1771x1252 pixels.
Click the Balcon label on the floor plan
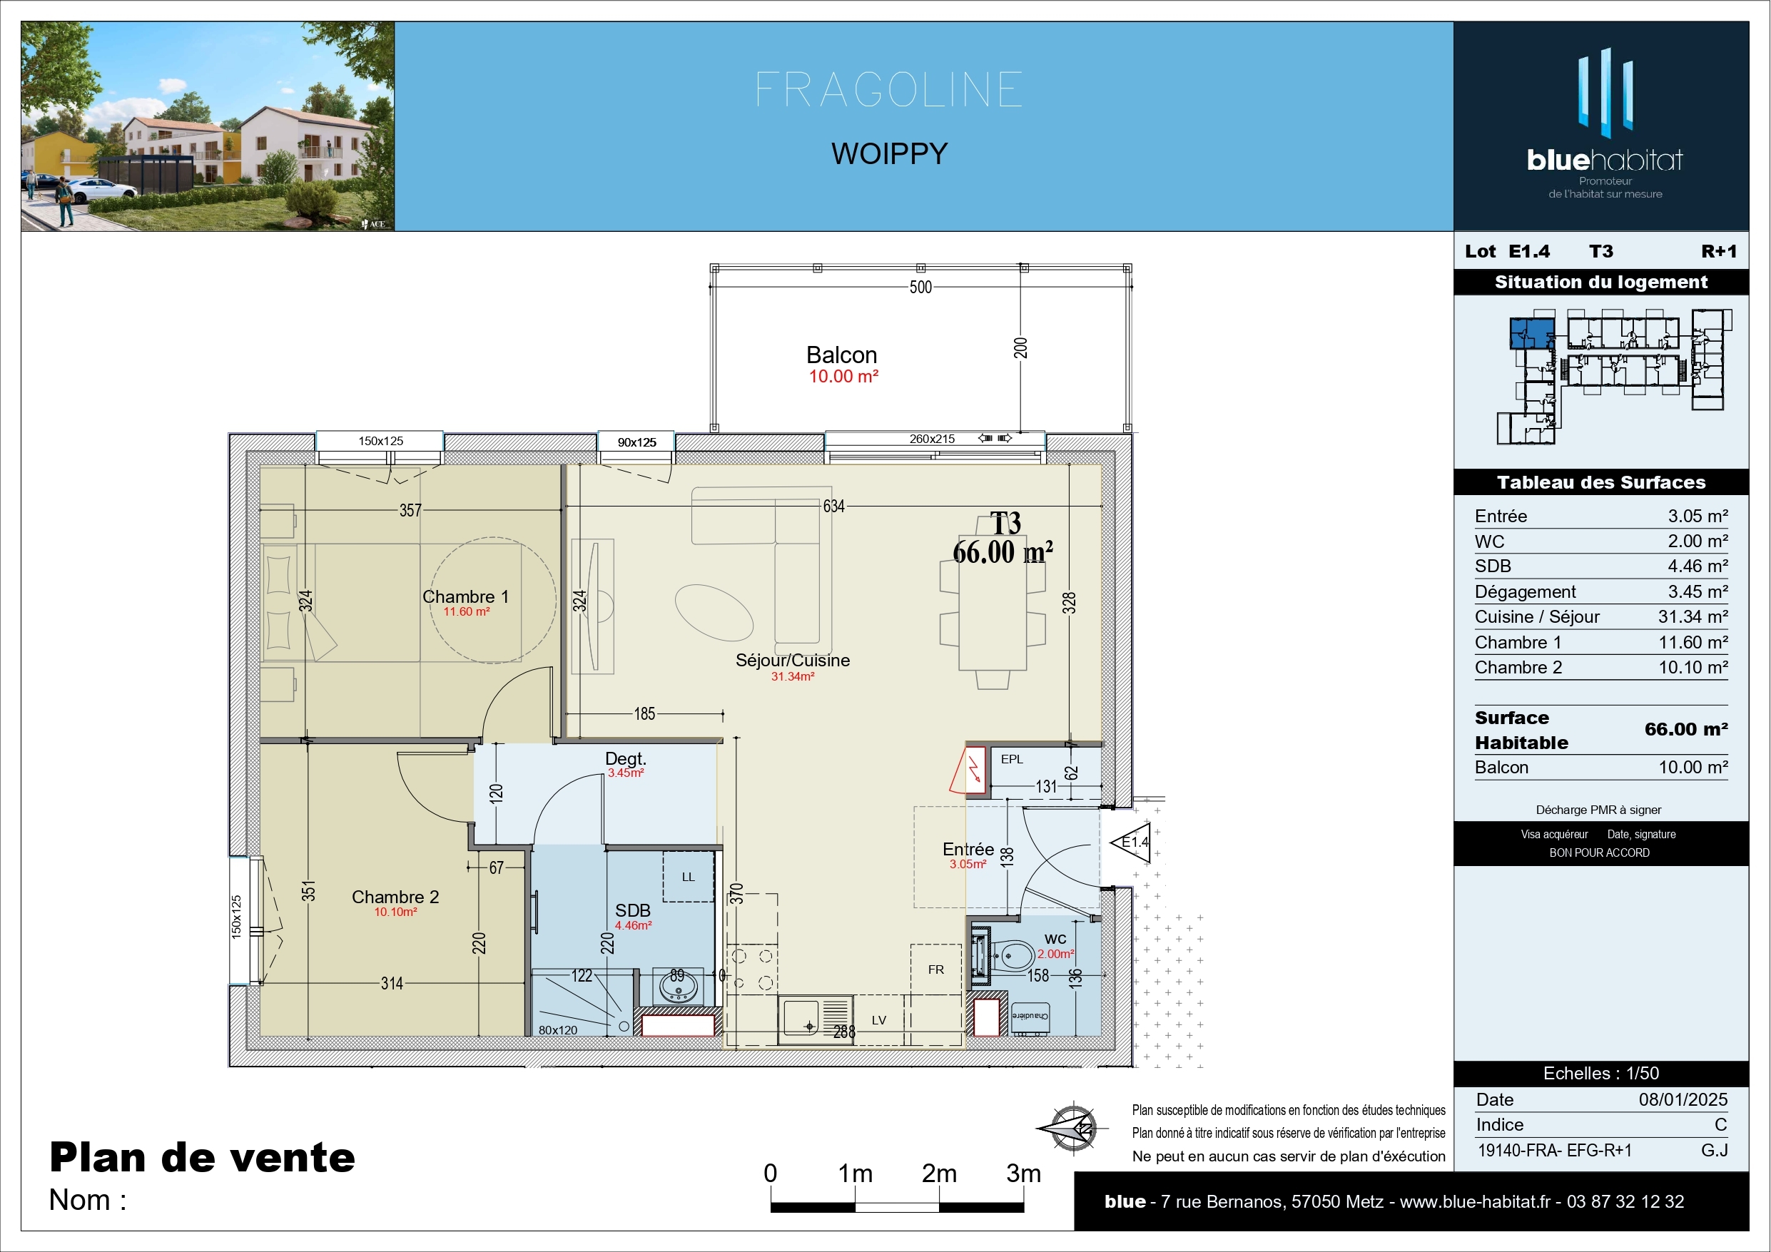pyautogui.click(x=841, y=355)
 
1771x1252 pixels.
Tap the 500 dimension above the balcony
pyautogui.click(x=920, y=287)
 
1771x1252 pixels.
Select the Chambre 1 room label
pyautogui.click(x=465, y=596)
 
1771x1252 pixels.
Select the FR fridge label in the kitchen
pyautogui.click(x=935, y=969)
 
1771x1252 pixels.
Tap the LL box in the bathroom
pyautogui.click(x=688, y=876)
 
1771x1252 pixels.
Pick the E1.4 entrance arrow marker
pyautogui.click(x=1130, y=843)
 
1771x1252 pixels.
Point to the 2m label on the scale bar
pyautogui.click(x=939, y=1174)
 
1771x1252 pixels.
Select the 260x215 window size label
pyautogui.click(x=932, y=439)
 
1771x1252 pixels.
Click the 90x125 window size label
pyautogui.click(x=637, y=442)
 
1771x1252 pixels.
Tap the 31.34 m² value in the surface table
pyautogui.click(x=1693, y=616)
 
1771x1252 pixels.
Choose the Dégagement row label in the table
pyautogui.click(x=1525, y=591)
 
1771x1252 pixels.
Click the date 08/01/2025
pyautogui.click(x=1683, y=1099)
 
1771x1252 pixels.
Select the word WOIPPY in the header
pyautogui.click(x=889, y=153)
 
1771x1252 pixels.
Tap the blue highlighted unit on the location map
pyautogui.click(x=1532, y=334)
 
